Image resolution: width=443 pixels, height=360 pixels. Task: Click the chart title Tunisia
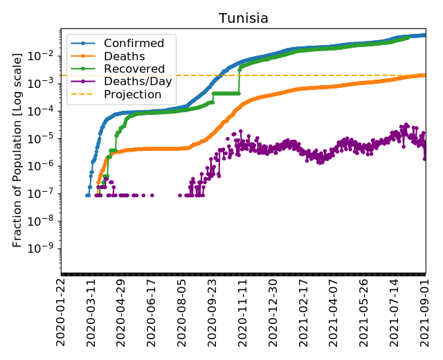click(x=244, y=18)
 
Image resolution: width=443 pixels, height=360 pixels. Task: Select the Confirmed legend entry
click(x=134, y=44)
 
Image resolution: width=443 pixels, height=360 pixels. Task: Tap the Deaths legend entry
click(x=124, y=56)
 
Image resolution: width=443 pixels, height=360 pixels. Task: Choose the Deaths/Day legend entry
click(x=138, y=82)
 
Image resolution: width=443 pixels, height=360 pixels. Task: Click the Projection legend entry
click(x=134, y=95)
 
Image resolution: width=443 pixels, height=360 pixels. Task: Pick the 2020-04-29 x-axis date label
click(x=122, y=314)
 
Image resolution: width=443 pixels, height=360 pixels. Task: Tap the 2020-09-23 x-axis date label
click(x=213, y=314)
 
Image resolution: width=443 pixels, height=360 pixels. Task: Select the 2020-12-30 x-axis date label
click(x=273, y=314)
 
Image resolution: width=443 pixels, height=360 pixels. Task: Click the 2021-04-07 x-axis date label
click(x=334, y=314)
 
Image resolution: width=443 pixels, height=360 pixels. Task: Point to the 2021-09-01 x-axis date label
click(x=426, y=314)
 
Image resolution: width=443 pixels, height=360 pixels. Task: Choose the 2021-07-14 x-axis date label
click(x=395, y=314)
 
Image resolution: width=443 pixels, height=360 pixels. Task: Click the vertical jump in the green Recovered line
click(x=239, y=80)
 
